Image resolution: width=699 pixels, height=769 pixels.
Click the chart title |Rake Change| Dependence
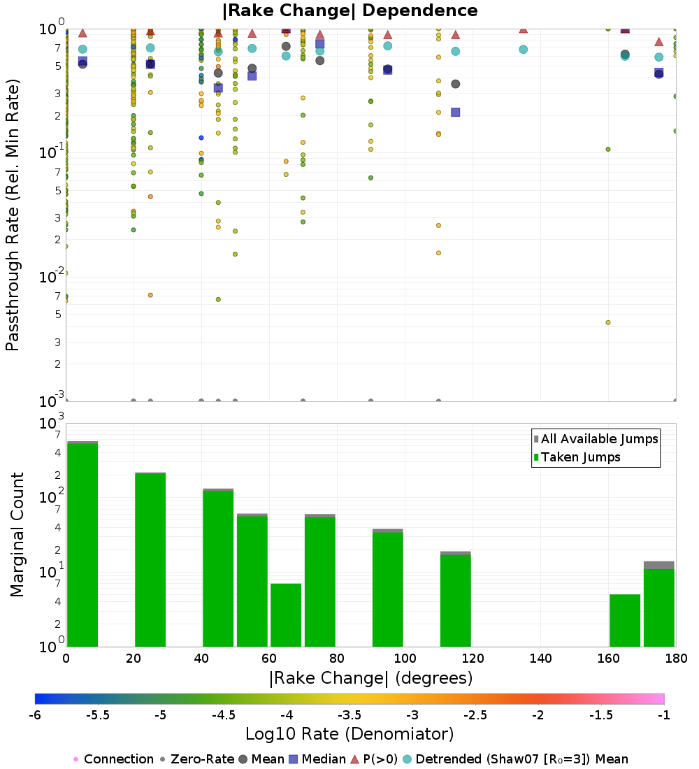[349, 10]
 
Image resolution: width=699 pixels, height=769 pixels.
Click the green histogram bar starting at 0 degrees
[82, 545]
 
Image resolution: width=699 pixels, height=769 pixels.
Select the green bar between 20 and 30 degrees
[150, 559]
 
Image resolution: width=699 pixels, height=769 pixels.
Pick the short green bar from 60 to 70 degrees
[286, 615]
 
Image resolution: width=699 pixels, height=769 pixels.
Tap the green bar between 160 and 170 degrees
[625, 621]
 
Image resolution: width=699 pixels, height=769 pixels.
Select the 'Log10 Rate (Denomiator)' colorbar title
[349, 734]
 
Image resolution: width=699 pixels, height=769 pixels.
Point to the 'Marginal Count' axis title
[17, 535]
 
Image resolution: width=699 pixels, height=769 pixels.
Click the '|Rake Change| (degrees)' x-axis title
[370, 678]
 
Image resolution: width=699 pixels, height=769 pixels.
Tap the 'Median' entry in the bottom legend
[317, 759]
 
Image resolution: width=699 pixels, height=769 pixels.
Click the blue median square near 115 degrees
[456, 112]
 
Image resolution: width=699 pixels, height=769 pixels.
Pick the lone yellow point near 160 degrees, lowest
[608, 322]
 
